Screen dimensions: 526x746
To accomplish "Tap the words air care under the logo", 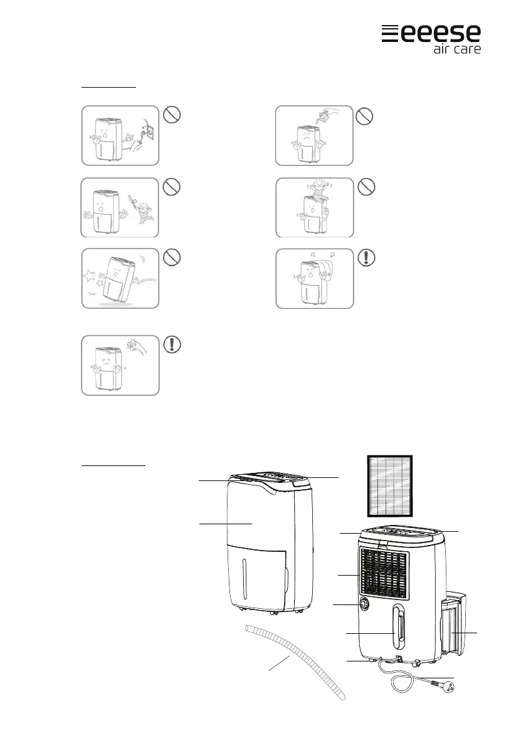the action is click(x=457, y=49).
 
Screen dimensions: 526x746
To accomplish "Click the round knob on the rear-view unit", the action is click(x=364, y=604).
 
